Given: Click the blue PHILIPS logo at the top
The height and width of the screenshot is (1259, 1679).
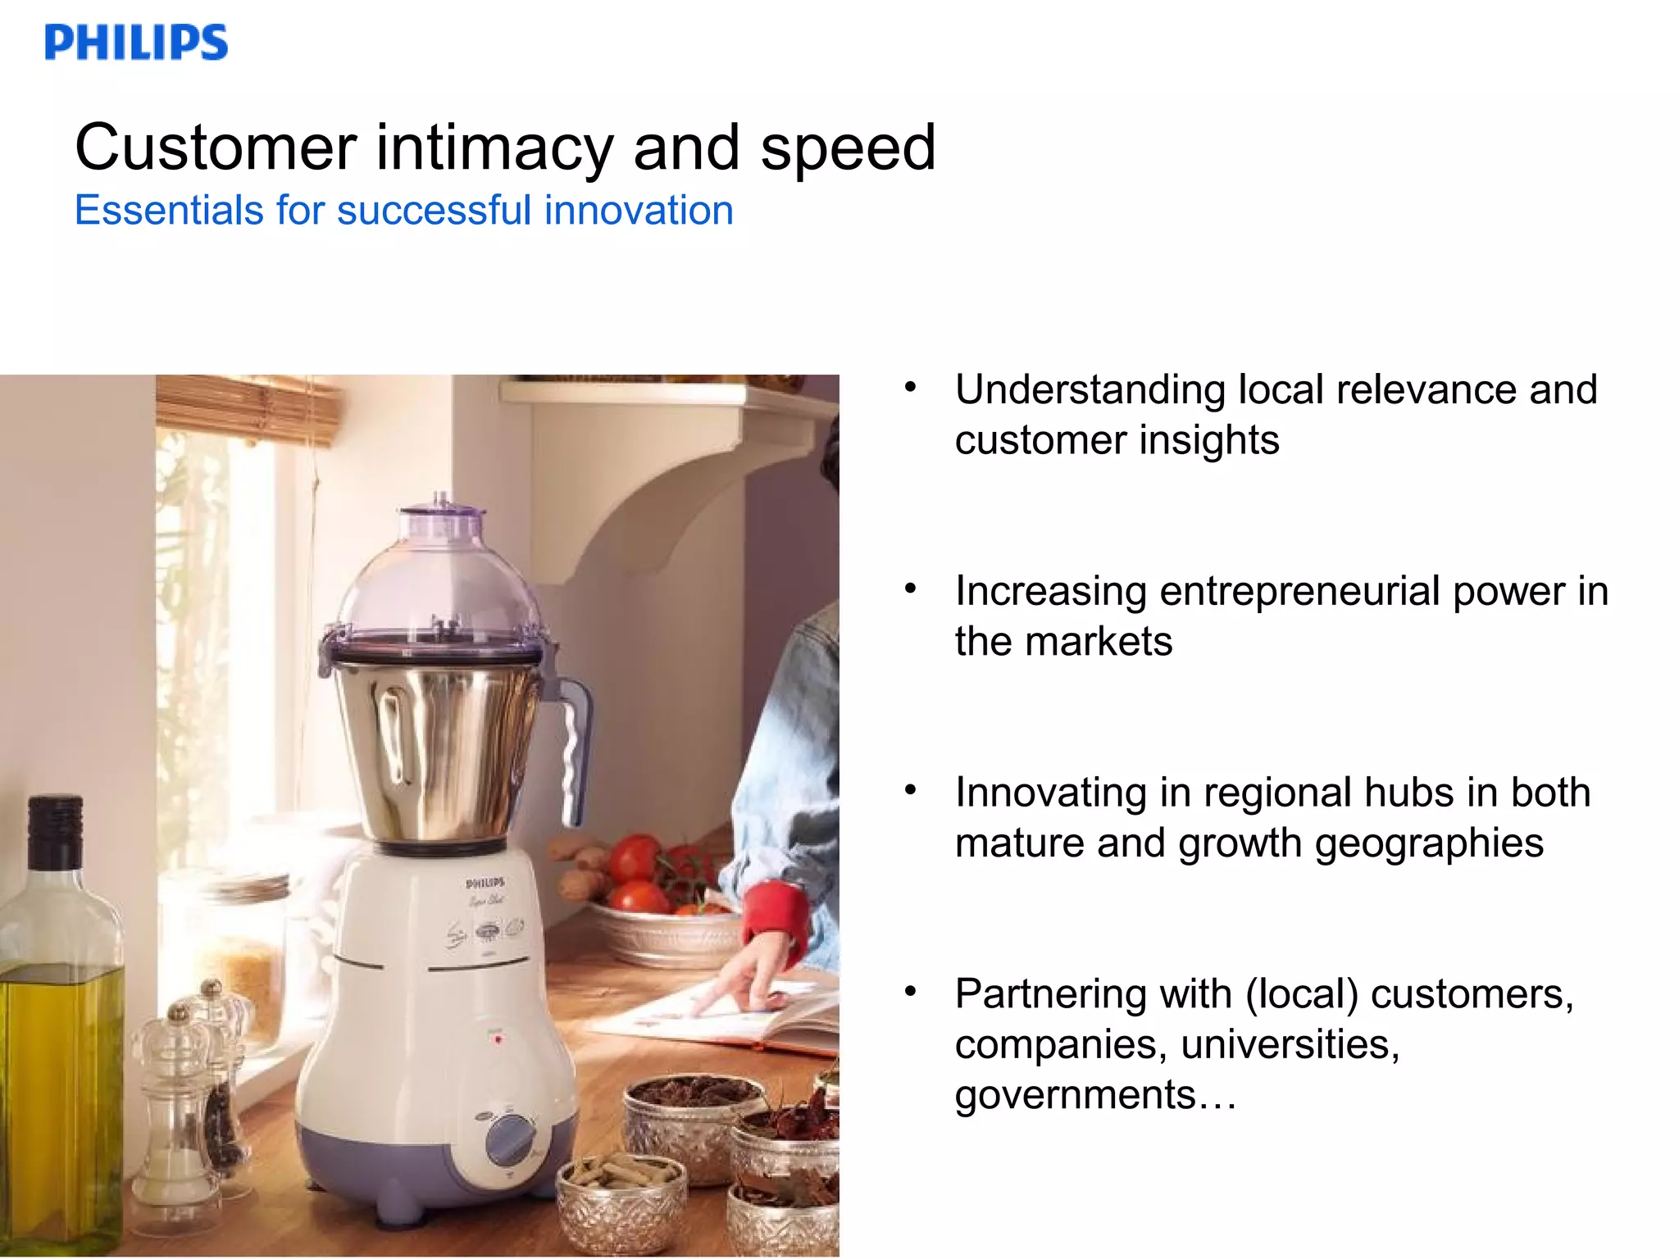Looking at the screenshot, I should pyautogui.click(x=136, y=43).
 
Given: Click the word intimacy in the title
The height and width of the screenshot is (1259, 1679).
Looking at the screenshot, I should pyautogui.click(x=494, y=148).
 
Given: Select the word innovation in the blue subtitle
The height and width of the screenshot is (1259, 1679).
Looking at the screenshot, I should pyautogui.click(x=639, y=211).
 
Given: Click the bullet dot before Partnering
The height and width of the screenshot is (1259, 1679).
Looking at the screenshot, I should pyautogui.click(x=910, y=992).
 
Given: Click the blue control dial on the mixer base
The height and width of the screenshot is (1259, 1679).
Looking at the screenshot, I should pyautogui.click(x=511, y=1139).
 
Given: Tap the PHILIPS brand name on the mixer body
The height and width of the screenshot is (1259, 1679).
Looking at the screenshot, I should pyautogui.click(x=485, y=884).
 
